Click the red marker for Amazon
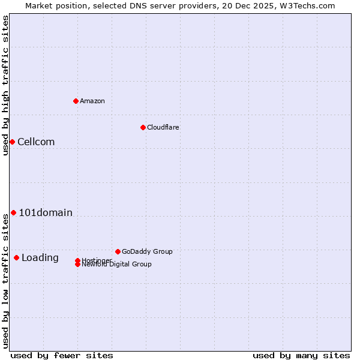coord(76,101)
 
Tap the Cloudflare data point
coord(143,127)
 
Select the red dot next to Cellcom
coord(12,142)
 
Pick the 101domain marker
coord(13,212)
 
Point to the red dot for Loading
coord(16,257)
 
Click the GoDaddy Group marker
coord(118,251)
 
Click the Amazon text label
coord(92,101)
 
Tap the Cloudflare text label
coord(163,127)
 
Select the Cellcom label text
coord(36,142)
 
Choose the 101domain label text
coord(46,212)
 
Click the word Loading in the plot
coord(40,258)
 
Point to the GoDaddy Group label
coord(147,251)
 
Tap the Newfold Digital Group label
coord(116,265)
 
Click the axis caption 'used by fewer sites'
coord(62,355)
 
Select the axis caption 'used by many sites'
coord(301,355)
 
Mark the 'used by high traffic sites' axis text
coord(5,85)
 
